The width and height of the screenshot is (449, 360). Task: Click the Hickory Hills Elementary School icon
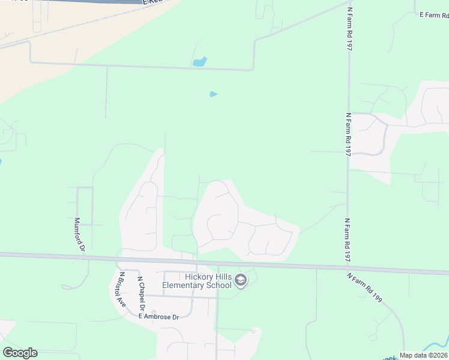click(x=241, y=280)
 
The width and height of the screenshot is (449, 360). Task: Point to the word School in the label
click(x=220, y=285)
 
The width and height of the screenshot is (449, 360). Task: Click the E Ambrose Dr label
click(x=159, y=316)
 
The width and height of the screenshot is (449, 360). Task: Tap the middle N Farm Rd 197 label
click(x=348, y=134)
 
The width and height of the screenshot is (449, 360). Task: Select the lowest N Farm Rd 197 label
click(x=348, y=240)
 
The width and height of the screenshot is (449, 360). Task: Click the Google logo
click(x=20, y=353)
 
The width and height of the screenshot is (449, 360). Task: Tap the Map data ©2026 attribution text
click(x=423, y=355)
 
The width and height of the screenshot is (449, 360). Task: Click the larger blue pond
click(x=199, y=61)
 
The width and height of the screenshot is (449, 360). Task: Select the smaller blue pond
click(x=213, y=94)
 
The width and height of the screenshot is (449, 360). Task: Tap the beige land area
click(x=24, y=66)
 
